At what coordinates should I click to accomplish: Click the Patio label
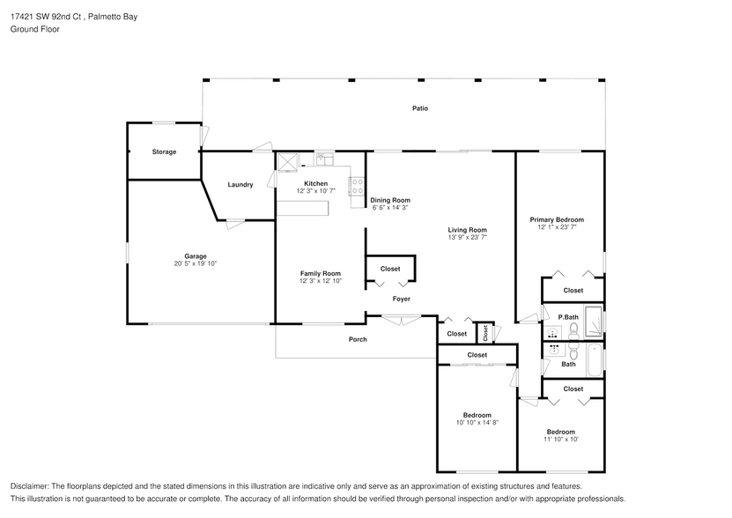(x=420, y=108)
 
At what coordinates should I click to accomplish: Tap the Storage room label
(x=164, y=152)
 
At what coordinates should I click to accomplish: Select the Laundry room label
(x=240, y=185)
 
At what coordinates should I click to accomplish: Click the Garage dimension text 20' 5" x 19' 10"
(x=196, y=263)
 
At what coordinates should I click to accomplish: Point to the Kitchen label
(x=315, y=183)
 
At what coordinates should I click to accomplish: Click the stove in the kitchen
(x=358, y=186)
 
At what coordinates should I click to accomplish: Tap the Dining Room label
(x=389, y=200)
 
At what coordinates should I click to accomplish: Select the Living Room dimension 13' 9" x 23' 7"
(x=468, y=237)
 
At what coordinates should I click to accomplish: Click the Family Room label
(x=320, y=273)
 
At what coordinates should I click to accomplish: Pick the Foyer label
(x=401, y=299)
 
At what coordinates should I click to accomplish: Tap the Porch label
(x=358, y=339)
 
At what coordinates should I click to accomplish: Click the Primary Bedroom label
(x=556, y=219)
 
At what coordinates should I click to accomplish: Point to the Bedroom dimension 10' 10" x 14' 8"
(x=477, y=423)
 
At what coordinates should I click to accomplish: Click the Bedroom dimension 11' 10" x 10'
(x=561, y=440)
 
